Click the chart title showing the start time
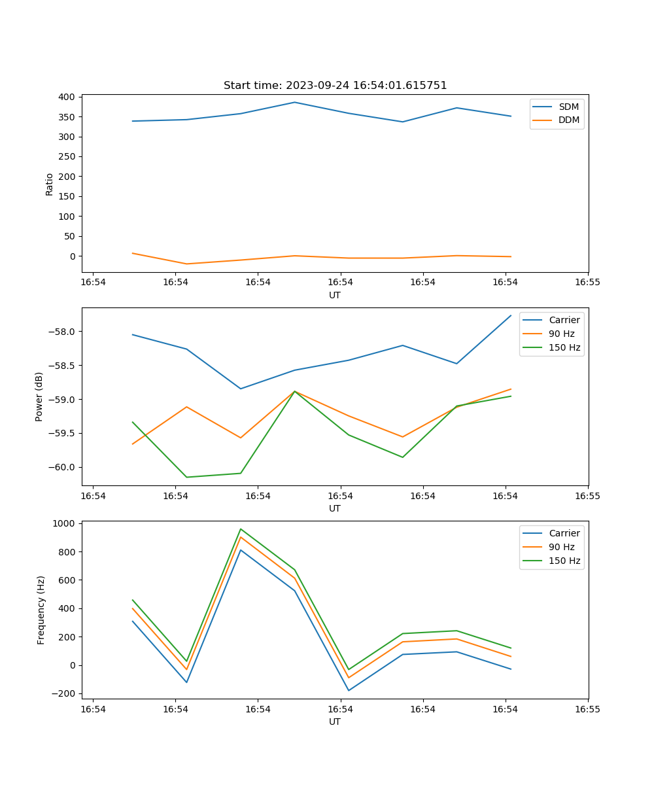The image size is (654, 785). coord(335,86)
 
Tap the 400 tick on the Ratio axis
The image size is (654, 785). coord(65,97)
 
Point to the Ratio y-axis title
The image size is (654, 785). coord(49,184)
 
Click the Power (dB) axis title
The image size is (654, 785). coord(39,396)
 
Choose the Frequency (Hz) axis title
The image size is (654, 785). coord(41,610)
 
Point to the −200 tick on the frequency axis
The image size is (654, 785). coord(63,693)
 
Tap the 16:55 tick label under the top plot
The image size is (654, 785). coord(587,283)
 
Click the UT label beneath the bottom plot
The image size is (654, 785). coord(335,722)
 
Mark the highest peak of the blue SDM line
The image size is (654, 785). coord(294,102)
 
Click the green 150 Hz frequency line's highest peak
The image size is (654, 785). coord(241,529)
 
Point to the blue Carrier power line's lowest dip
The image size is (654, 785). coord(241,389)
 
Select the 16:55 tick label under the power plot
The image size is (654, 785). coord(587,496)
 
